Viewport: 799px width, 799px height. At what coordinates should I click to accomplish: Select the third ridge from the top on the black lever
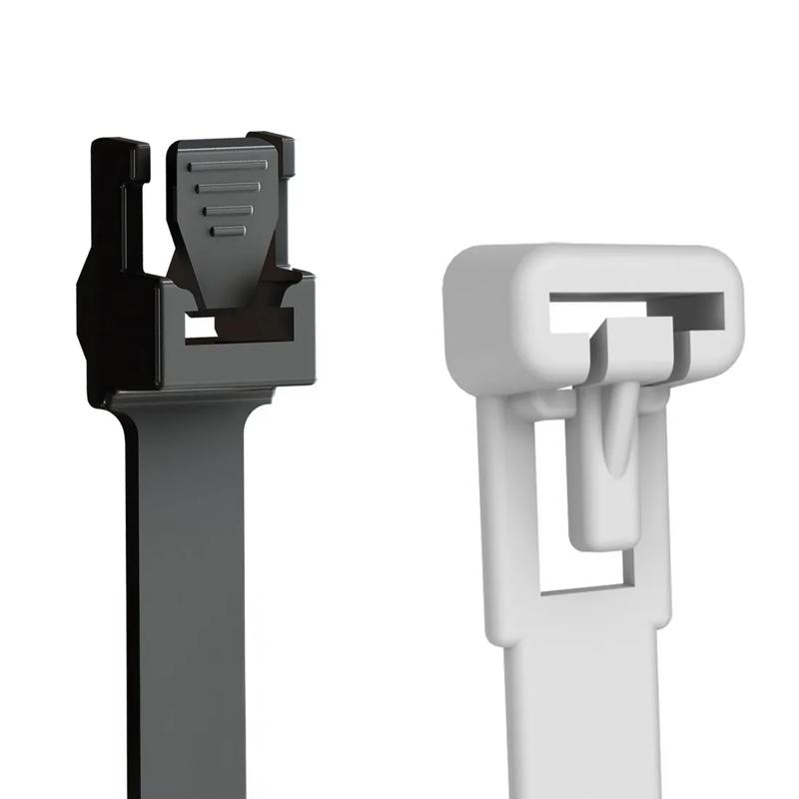click(229, 210)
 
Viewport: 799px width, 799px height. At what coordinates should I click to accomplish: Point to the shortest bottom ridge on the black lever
click(229, 231)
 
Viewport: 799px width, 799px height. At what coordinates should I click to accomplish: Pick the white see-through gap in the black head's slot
click(200, 327)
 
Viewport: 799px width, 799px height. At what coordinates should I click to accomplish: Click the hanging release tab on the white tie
click(604, 469)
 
